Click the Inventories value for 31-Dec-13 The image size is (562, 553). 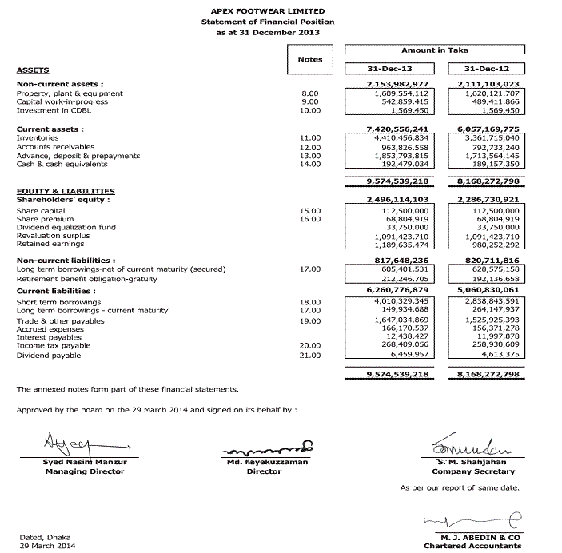[397, 137]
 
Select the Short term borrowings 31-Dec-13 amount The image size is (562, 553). [397, 302]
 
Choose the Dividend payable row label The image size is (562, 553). [49, 355]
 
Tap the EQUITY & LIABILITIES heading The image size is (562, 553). [66, 191]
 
